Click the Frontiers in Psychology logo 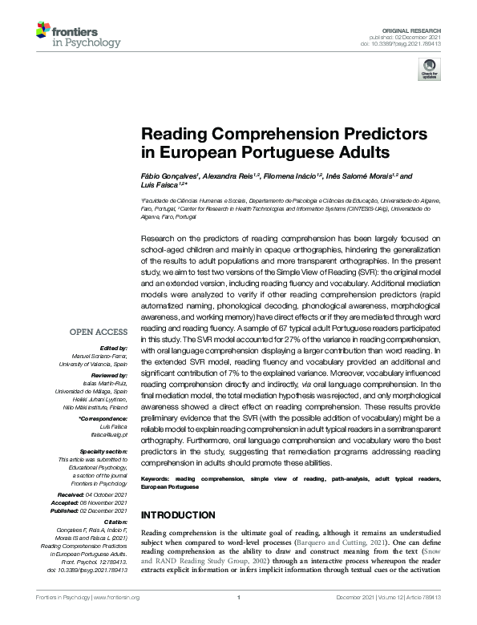(x=69, y=35)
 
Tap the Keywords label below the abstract (x=157, y=478)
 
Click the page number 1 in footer (x=239, y=619)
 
